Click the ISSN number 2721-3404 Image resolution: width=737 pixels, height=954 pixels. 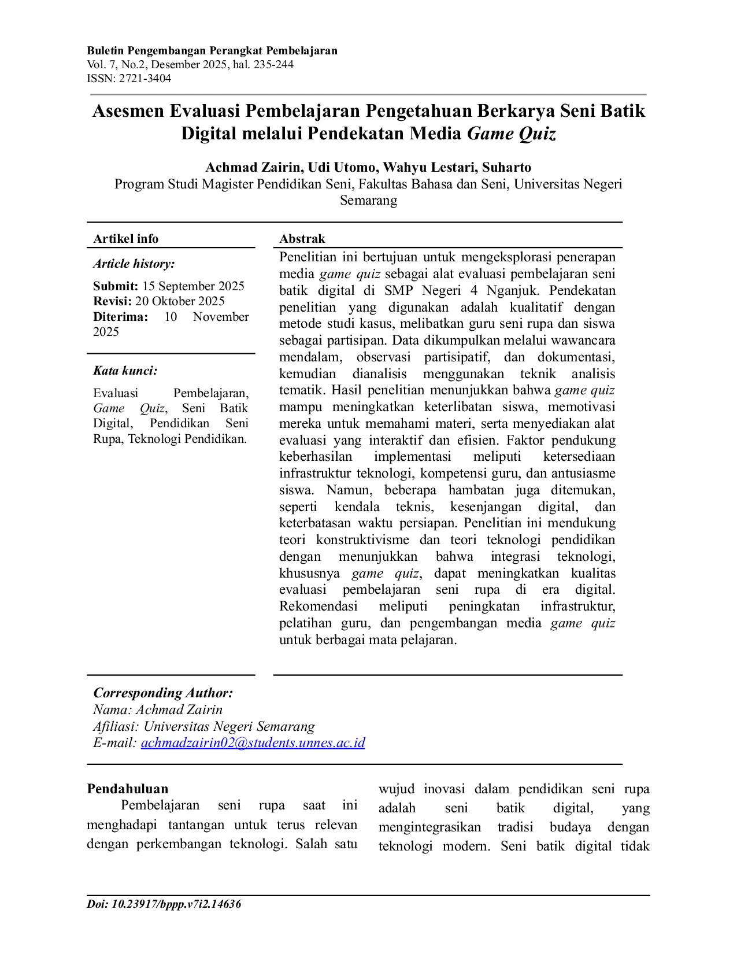[145, 79]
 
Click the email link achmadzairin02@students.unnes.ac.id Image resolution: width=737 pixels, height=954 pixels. [253, 743]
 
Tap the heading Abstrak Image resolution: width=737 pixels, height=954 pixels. [302, 239]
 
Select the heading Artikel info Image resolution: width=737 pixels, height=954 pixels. [125, 239]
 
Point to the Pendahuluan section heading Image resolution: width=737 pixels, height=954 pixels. [128, 789]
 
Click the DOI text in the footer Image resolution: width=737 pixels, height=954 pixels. [164, 904]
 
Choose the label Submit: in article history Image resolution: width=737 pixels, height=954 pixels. [116, 286]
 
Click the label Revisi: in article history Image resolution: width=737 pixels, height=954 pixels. [113, 301]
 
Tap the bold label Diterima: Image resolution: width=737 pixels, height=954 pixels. [120, 317]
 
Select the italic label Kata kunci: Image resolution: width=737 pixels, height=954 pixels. [125, 371]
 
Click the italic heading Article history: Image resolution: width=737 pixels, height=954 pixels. [134, 264]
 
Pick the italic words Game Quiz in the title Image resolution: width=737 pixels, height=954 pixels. [512, 134]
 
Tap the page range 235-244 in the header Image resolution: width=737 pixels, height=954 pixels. [273, 65]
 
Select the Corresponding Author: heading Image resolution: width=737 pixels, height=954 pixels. [163, 693]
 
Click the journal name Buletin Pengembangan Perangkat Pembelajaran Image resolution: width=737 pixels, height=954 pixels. [212, 51]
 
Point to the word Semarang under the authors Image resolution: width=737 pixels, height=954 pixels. [368, 201]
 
